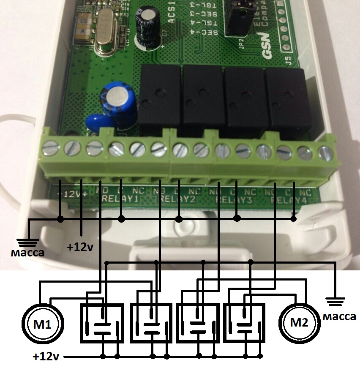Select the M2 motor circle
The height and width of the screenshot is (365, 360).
299,322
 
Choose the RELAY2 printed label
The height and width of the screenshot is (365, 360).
177,199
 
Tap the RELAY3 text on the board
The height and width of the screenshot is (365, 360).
234,199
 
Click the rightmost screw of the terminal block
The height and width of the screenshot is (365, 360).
325,153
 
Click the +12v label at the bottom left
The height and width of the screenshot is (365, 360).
46,357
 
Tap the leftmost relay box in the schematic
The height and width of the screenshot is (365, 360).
102,323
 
